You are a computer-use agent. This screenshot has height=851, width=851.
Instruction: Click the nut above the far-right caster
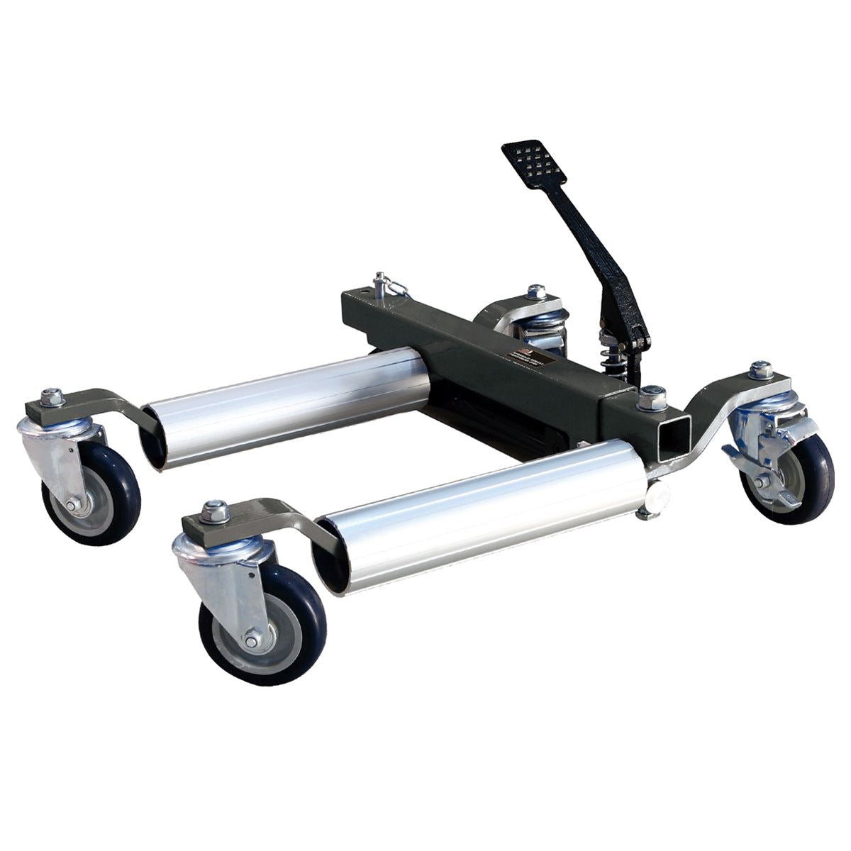tap(762, 369)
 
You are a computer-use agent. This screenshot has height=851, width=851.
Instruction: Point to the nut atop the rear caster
tap(537, 291)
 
